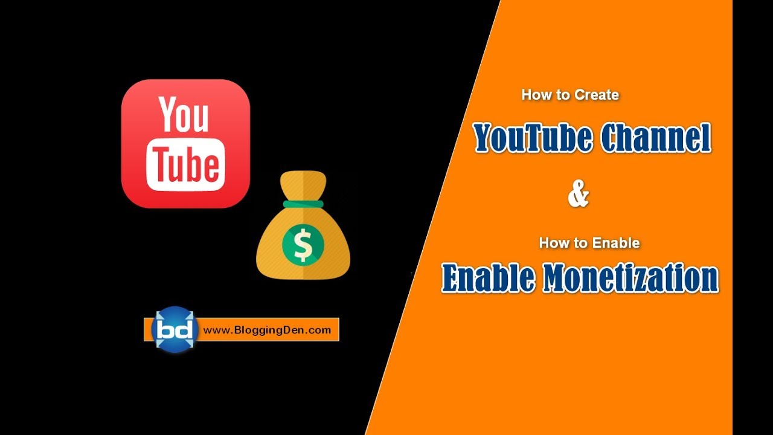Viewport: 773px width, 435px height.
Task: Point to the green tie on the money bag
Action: [x=303, y=204]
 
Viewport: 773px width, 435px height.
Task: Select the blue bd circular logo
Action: [x=174, y=329]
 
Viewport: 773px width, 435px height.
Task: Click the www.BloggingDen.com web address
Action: [x=267, y=330]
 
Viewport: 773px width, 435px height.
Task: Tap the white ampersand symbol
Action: [x=578, y=195]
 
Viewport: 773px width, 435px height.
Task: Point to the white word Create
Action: [x=596, y=95]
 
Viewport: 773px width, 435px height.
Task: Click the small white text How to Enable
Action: [x=589, y=243]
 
